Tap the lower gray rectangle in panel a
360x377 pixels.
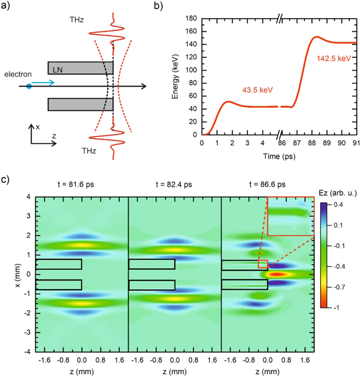click(x=81, y=104)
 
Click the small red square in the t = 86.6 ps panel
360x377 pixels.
click(x=262, y=264)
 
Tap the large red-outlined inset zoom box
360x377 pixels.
click(x=290, y=216)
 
